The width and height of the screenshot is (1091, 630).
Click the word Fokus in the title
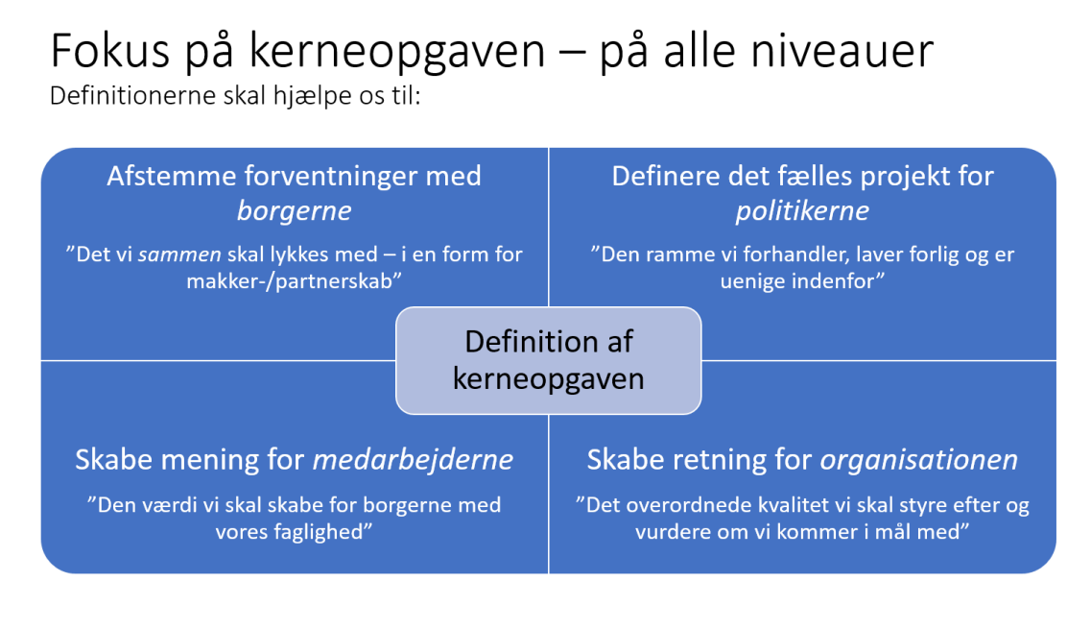pos(110,51)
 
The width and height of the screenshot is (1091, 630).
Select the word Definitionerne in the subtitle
pos(132,95)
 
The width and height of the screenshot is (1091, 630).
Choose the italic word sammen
pos(179,254)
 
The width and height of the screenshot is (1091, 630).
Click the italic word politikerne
pos(802,211)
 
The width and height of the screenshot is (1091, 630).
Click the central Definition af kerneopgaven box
pos(548,360)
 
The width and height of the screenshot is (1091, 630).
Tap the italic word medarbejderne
pos(413,459)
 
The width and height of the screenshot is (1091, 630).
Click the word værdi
pos(172,505)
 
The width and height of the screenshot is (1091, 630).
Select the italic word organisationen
pos(918,459)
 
